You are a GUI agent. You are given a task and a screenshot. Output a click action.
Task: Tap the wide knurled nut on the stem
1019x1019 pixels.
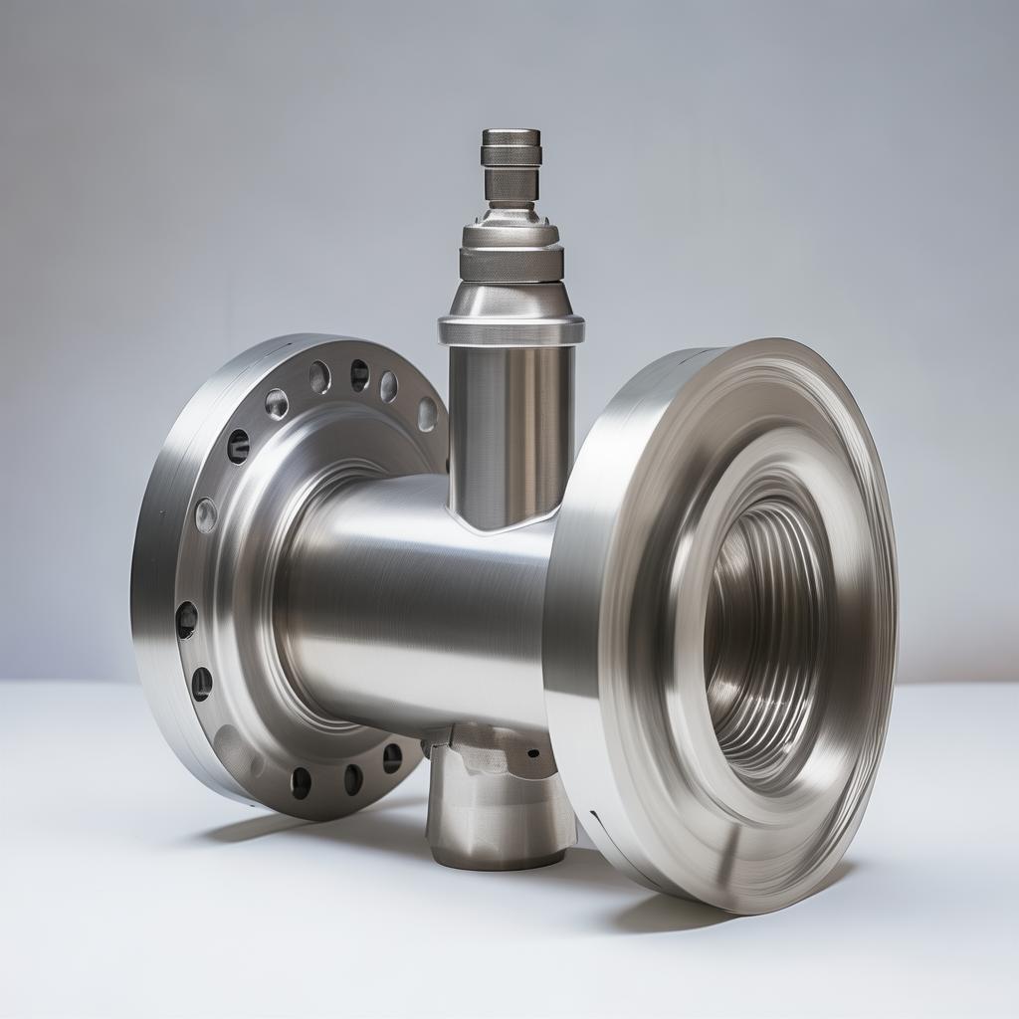click(511, 263)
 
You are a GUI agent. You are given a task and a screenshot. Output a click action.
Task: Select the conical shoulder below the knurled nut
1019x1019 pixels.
click(510, 299)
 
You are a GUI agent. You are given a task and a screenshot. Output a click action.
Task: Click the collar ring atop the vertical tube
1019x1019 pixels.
click(510, 329)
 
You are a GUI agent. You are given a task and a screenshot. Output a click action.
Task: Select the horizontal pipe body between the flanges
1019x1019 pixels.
click(418, 597)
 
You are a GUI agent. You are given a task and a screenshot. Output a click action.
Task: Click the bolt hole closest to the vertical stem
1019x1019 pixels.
click(427, 413)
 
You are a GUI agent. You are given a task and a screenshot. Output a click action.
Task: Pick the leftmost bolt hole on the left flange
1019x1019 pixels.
click(186, 620)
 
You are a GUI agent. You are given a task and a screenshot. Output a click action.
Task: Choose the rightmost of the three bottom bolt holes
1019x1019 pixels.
click(392, 758)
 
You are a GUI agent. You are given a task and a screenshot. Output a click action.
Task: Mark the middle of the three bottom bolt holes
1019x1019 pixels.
click(353, 778)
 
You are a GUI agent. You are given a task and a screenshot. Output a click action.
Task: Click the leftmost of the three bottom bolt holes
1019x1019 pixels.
click(301, 783)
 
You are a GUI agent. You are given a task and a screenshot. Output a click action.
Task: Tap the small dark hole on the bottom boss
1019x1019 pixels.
click(533, 753)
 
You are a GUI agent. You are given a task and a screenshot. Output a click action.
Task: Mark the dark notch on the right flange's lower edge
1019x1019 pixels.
click(597, 818)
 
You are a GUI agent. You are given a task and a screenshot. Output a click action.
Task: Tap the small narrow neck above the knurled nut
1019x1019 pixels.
click(511, 185)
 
